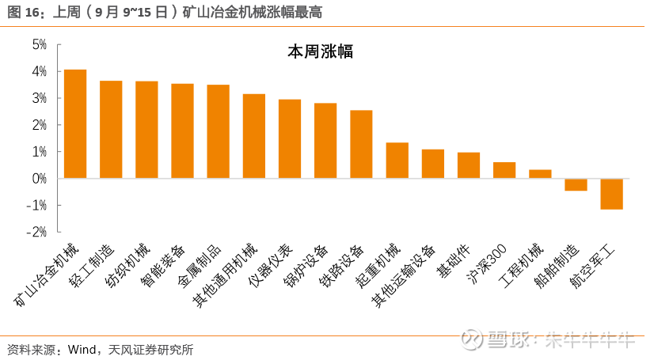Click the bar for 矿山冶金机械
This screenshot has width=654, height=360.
75,124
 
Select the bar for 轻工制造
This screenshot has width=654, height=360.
111,130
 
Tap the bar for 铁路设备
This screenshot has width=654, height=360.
361,144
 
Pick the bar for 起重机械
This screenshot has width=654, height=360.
397,161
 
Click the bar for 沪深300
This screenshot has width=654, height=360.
504,170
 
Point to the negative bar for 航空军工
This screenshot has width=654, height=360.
611,194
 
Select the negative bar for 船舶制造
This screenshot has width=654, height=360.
576,184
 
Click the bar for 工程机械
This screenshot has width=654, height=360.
540,174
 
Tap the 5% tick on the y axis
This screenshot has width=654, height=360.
40,45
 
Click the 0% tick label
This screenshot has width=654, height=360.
40,179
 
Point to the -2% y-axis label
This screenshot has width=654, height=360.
36,232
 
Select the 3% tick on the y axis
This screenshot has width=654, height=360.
40,98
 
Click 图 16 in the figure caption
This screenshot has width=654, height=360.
24,13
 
